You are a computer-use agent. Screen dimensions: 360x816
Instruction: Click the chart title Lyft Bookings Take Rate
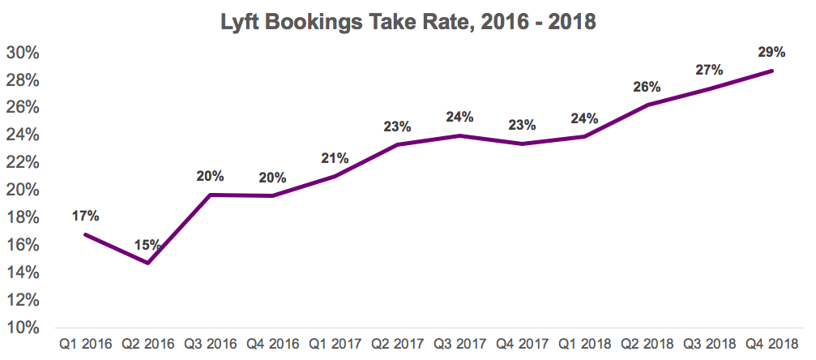(408, 22)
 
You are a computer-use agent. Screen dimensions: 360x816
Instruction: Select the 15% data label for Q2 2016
(147, 244)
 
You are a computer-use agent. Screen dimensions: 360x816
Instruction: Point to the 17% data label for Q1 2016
(85, 216)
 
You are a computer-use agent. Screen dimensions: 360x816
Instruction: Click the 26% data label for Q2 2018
(647, 87)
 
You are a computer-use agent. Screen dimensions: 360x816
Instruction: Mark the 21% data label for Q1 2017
(335, 157)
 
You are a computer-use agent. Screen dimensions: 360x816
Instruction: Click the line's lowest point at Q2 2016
(147, 263)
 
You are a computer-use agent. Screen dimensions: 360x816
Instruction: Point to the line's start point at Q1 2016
(85, 234)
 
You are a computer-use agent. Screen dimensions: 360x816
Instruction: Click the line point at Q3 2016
(210, 195)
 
